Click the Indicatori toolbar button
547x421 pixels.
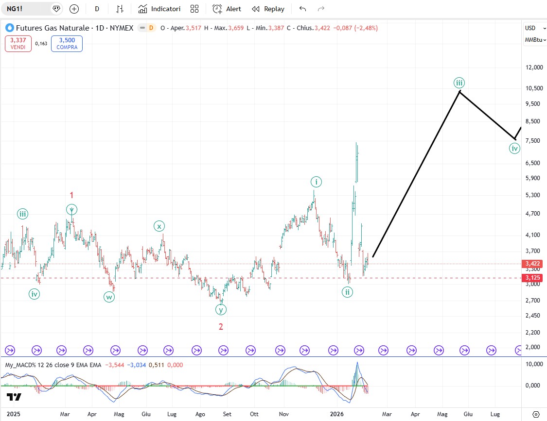[x=159, y=9]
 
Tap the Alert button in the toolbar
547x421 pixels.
[x=227, y=9]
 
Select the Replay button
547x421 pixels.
[x=268, y=9]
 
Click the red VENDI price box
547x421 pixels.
[x=18, y=44]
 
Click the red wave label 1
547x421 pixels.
[x=71, y=195]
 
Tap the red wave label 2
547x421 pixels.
[x=221, y=327]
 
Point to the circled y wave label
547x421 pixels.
[x=221, y=309]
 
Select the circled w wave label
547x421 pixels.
[x=109, y=297]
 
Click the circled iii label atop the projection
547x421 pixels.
[x=459, y=82]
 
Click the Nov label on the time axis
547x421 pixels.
[x=284, y=414]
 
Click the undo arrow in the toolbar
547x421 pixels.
[x=303, y=9]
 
